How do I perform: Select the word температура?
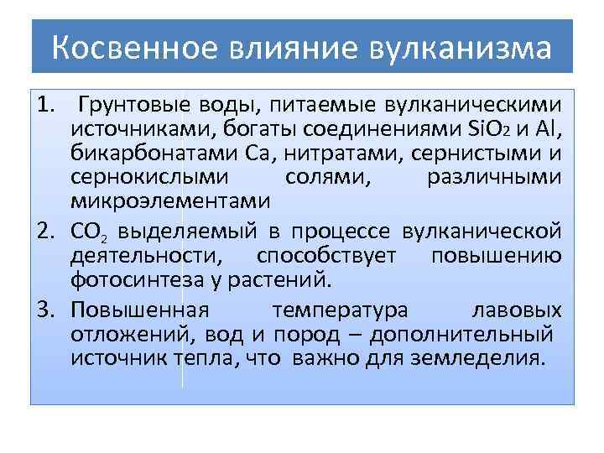pos(341,310)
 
